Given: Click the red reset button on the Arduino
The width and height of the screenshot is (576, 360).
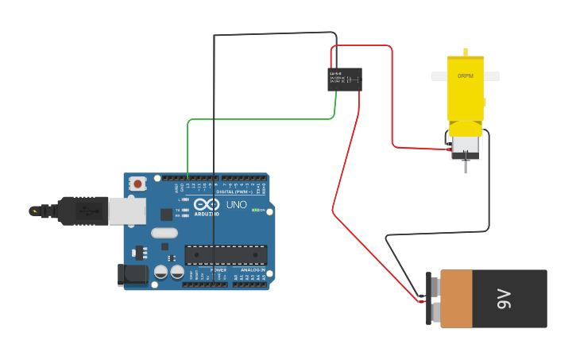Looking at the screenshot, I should (x=138, y=184).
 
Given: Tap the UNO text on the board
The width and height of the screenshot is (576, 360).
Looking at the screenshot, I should (x=237, y=205).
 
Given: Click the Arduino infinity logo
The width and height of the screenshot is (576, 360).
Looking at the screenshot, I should (x=207, y=205).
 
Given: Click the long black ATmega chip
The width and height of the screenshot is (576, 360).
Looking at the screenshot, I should (x=226, y=254).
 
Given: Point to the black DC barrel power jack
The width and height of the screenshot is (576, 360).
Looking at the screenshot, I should (x=131, y=275).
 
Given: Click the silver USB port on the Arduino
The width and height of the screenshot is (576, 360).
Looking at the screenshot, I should (x=126, y=211).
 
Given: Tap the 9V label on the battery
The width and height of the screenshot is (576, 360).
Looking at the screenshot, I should (x=504, y=299).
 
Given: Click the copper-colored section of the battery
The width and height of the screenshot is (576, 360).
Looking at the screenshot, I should (x=456, y=299).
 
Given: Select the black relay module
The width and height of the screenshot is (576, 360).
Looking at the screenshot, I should (x=345, y=79).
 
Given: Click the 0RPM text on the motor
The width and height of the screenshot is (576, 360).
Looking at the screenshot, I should (x=466, y=76).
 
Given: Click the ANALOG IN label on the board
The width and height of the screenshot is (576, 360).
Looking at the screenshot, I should (x=252, y=270).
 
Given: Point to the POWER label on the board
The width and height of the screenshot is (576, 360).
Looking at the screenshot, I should (x=218, y=270).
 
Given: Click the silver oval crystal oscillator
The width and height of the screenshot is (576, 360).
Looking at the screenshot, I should (x=164, y=233).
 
